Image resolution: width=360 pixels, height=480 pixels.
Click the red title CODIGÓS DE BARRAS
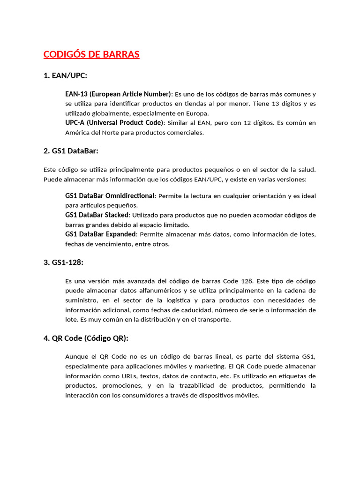click(91, 54)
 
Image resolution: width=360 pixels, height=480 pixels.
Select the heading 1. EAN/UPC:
click(65, 75)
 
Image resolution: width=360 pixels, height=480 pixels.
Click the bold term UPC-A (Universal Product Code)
click(114, 123)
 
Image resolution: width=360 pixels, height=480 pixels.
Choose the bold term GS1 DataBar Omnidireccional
click(109, 195)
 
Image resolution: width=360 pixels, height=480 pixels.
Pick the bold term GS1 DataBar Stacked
click(97, 215)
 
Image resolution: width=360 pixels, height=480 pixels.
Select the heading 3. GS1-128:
click(63, 262)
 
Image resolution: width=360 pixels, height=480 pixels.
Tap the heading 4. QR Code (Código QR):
click(85, 338)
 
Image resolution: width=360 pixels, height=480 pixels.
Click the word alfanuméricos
click(145, 291)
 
